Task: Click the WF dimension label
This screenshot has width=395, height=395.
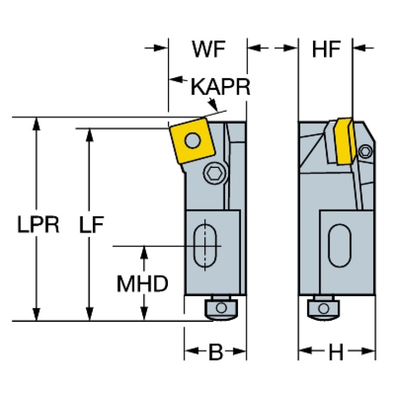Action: click(x=209, y=49)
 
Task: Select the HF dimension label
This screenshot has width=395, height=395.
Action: click(x=327, y=49)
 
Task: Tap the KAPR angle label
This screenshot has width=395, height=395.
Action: click(x=220, y=88)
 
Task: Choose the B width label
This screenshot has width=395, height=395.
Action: click(x=215, y=353)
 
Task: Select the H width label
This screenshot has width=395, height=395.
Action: click(x=336, y=353)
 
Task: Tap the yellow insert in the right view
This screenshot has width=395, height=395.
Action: click(x=343, y=141)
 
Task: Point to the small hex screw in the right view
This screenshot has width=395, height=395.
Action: click(x=366, y=151)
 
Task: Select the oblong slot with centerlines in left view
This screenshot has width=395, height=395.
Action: click(x=205, y=246)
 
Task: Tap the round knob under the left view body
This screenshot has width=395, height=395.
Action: click(x=220, y=308)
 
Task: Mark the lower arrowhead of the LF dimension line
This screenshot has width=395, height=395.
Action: click(x=90, y=315)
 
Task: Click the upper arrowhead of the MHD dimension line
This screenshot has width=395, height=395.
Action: click(x=144, y=251)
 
